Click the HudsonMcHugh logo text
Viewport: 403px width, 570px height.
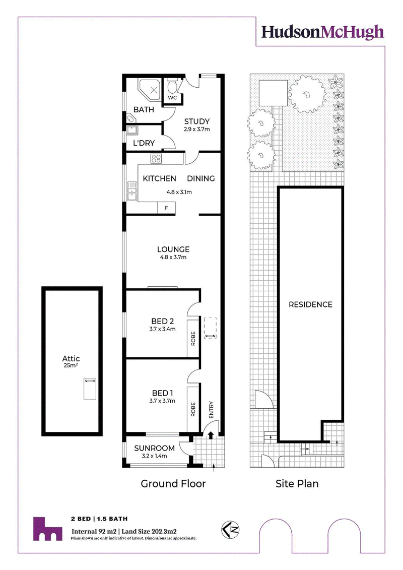pyautogui.click(x=322, y=32)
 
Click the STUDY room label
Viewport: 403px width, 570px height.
pyautogui.click(x=196, y=121)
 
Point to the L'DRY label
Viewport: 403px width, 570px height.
pyautogui.click(x=144, y=143)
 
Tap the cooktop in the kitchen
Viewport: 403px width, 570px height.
pyautogui.click(x=156, y=158)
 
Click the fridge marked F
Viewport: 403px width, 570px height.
pyautogui.click(x=166, y=208)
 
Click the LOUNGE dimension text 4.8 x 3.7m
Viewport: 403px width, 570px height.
pyautogui.click(x=173, y=258)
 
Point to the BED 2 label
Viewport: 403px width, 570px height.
pyautogui.click(x=162, y=321)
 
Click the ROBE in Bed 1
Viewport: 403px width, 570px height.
pyautogui.click(x=193, y=409)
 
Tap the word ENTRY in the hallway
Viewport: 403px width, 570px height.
pyautogui.click(x=211, y=410)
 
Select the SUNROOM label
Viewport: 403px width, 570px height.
pyautogui.click(x=155, y=448)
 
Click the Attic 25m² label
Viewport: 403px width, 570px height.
pyautogui.click(x=71, y=361)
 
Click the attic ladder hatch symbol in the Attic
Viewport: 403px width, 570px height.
pyautogui.click(x=90, y=389)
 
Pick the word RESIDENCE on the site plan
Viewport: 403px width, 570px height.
pyautogui.click(x=311, y=304)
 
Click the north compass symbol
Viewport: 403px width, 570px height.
pyautogui.click(x=232, y=529)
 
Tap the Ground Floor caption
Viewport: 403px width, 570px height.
pyautogui.click(x=173, y=484)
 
